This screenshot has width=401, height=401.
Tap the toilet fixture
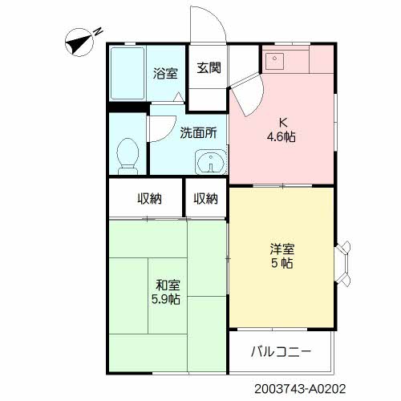(128, 156)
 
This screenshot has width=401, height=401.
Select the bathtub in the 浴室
(128, 73)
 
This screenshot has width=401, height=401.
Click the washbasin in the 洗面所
(211, 162)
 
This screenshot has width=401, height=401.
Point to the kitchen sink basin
(274, 61)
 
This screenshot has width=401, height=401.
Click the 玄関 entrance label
(209, 67)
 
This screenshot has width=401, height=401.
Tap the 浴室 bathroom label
(165, 73)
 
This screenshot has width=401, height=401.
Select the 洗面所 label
(198, 132)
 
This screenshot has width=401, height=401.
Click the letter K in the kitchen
(283, 123)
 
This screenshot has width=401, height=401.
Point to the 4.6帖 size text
(282, 137)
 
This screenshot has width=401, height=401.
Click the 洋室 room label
(282, 249)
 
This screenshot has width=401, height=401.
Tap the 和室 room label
(168, 285)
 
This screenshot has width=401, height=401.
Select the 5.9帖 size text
(166, 299)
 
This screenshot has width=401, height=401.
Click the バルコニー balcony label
(282, 351)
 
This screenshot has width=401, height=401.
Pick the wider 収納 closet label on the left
(149, 199)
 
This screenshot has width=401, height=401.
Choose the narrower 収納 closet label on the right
(205, 199)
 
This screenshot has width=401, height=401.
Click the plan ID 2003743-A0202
(300, 389)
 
